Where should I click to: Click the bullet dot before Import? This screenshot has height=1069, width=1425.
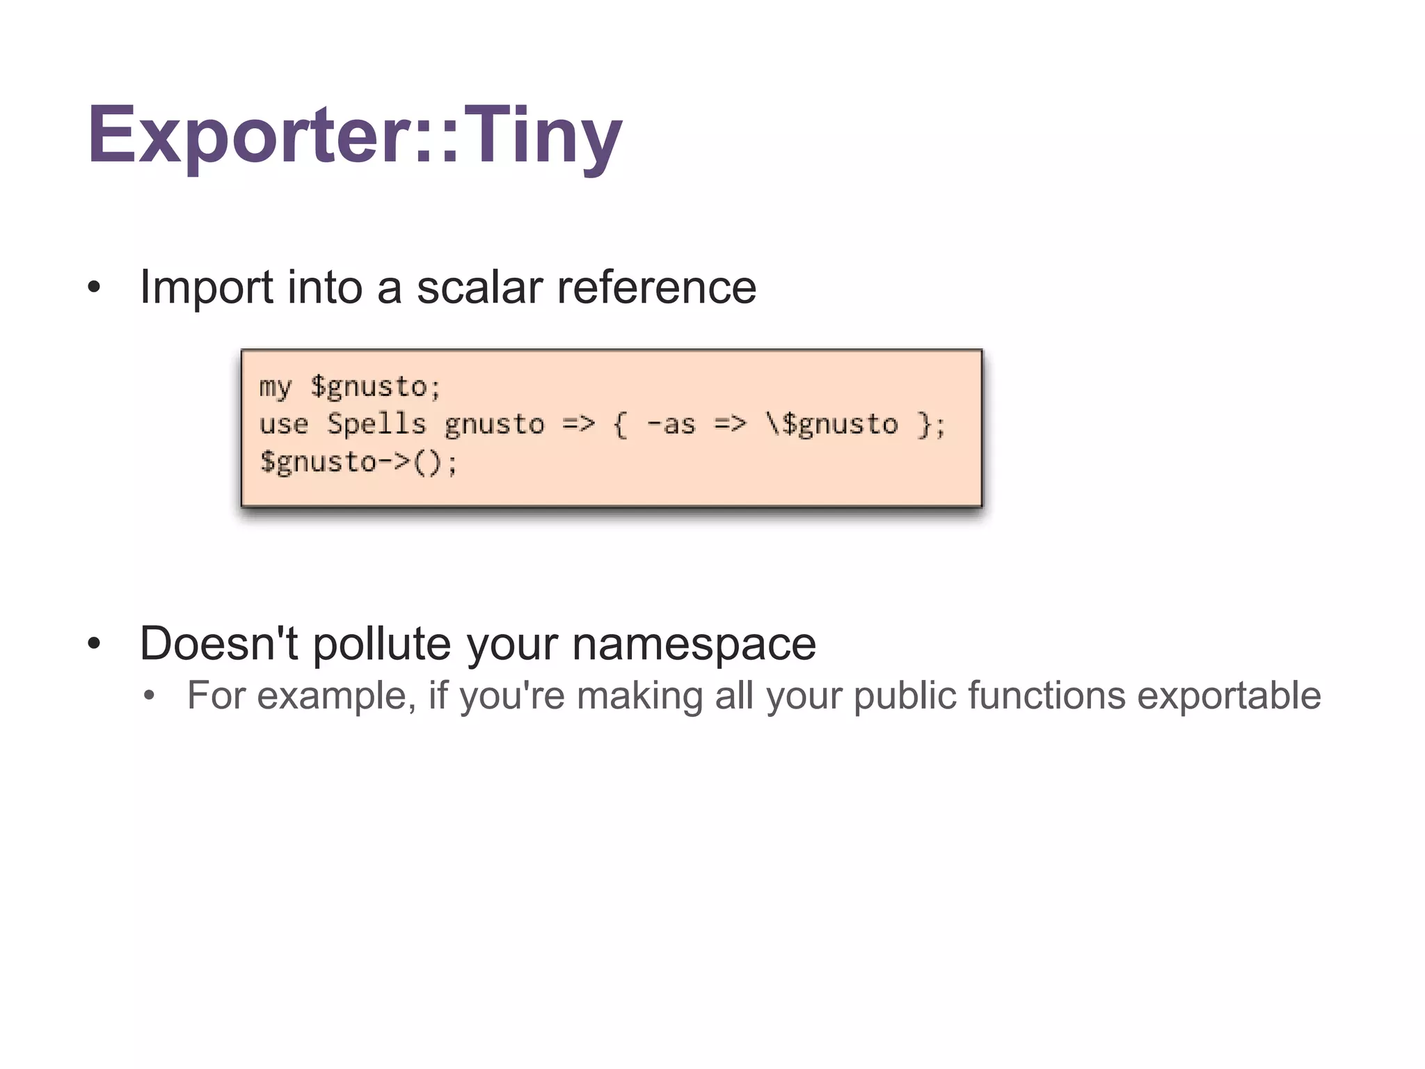click(x=94, y=288)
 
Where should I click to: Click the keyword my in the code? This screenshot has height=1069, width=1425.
click(x=276, y=387)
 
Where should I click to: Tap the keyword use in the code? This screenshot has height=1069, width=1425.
click(x=283, y=425)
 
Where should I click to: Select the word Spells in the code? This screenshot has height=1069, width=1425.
click(x=376, y=424)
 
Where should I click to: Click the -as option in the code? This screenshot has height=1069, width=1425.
click(x=671, y=425)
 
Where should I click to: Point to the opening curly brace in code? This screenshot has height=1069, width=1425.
click(x=620, y=425)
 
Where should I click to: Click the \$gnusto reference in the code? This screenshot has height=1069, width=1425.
click(x=831, y=425)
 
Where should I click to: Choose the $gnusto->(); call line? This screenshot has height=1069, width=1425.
click(x=358, y=462)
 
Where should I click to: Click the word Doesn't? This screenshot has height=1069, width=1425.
click(x=218, y=643)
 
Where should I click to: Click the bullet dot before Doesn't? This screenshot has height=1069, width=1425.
click(x=94, y=644)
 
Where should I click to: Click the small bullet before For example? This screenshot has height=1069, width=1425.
click(x=148, y=696)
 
